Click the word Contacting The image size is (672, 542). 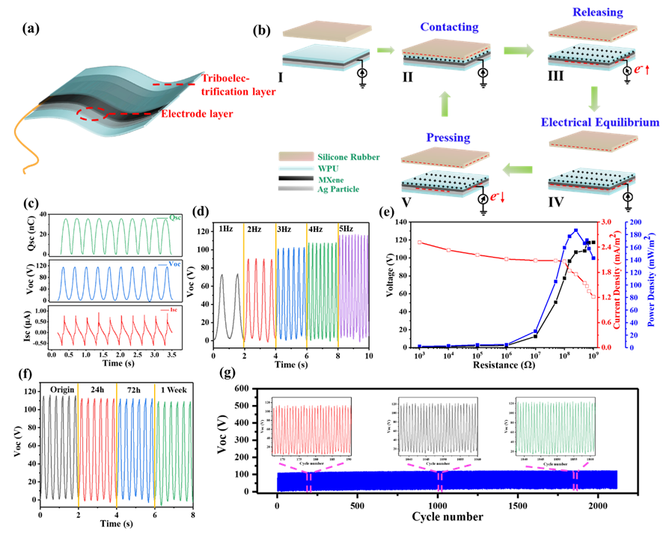(449, 27)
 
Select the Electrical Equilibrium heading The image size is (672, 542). (600, 122)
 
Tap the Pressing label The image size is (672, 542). (448, 138)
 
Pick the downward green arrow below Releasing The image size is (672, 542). (595, 98)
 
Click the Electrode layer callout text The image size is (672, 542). (197, 115)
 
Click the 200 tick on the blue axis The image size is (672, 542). (635, 222)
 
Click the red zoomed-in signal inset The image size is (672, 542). (312, 429)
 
